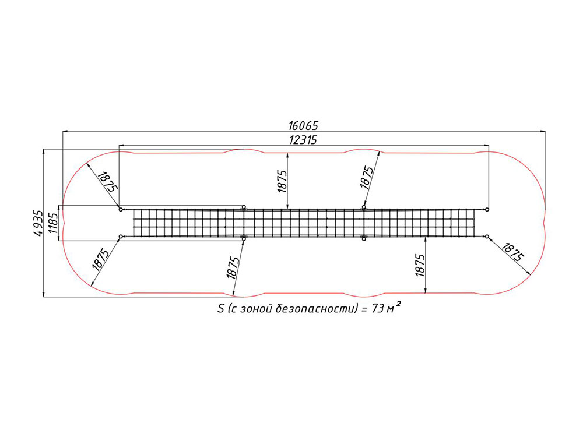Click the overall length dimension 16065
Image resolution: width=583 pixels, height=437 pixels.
(303, 125)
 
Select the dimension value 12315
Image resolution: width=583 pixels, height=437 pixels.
(303, 140)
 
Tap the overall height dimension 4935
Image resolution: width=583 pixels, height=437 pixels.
(38, 223)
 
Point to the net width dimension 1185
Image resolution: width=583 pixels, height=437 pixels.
(53, 223)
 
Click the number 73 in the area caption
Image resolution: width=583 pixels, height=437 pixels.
(378, 309)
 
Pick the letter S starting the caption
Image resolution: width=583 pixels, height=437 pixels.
(221, 309)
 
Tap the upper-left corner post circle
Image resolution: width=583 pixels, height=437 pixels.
(121, 210)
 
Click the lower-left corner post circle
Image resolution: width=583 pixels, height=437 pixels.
(121, 237)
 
